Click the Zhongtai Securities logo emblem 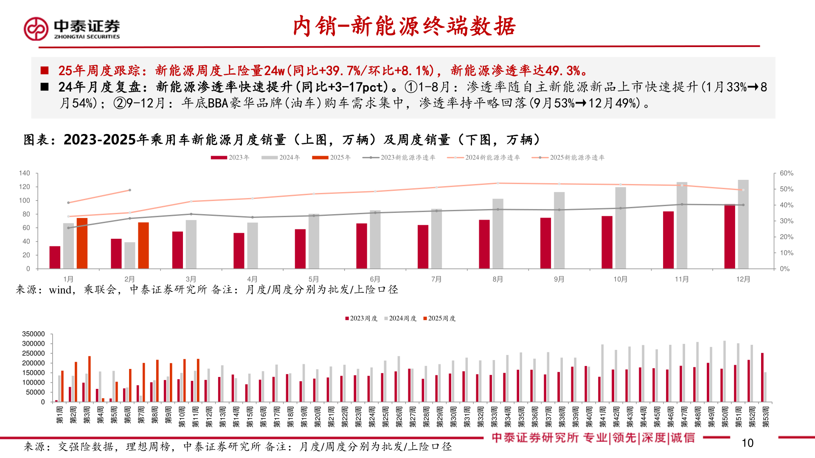36,29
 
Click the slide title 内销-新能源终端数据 404,26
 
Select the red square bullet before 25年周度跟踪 45,70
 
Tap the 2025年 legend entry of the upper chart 332,157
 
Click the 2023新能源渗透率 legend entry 399,157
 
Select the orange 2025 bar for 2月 143,246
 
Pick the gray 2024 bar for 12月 743,224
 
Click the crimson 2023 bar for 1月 55,257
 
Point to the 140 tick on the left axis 25,173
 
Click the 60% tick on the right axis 786,173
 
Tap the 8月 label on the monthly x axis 497,279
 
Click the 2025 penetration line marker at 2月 130,190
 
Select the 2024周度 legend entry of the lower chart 400,318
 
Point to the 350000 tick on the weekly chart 33,334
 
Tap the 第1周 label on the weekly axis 59,414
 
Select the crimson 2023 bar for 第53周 762,377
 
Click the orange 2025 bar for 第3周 90,379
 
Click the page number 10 747,443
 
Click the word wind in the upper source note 60,290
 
